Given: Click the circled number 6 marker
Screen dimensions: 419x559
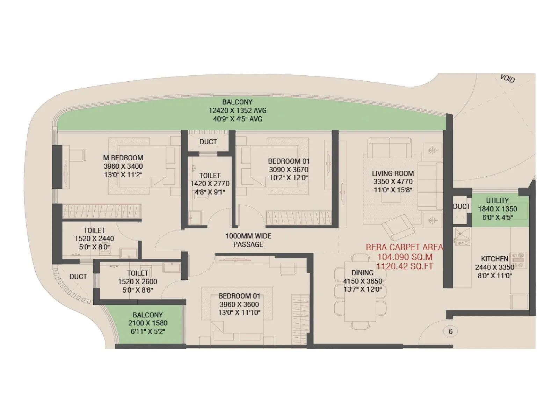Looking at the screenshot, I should tap(450, 331).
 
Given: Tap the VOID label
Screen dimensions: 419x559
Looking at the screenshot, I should tap(507, 79).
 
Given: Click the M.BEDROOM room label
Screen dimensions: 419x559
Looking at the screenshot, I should tap(123, 158).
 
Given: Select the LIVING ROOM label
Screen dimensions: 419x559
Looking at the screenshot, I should tap(393, 174).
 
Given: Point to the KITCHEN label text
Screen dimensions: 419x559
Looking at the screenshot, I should tap(494, 259).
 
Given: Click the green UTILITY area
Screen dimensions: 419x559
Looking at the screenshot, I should tap(500, 209).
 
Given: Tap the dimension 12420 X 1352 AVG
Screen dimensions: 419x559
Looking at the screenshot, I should tap(237, 111).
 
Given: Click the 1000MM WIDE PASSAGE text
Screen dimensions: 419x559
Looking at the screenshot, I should tap(248, 240).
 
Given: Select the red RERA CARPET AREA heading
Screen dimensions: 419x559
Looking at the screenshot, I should tap(404, 247).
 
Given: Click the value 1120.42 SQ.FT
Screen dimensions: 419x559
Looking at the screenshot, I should tap(404, 266).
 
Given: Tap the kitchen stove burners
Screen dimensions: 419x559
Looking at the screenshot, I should tap(519, 260).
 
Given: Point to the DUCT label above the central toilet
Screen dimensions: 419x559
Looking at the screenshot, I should tap(208, 142).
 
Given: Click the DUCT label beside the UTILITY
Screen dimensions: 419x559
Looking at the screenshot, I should tap(461, 207).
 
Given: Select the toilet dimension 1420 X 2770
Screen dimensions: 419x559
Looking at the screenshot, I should tap(210, 184).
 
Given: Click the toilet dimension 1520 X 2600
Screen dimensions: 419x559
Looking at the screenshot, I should tap(137, 282).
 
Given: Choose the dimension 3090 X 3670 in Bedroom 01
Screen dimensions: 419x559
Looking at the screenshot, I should tap(289, 170).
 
